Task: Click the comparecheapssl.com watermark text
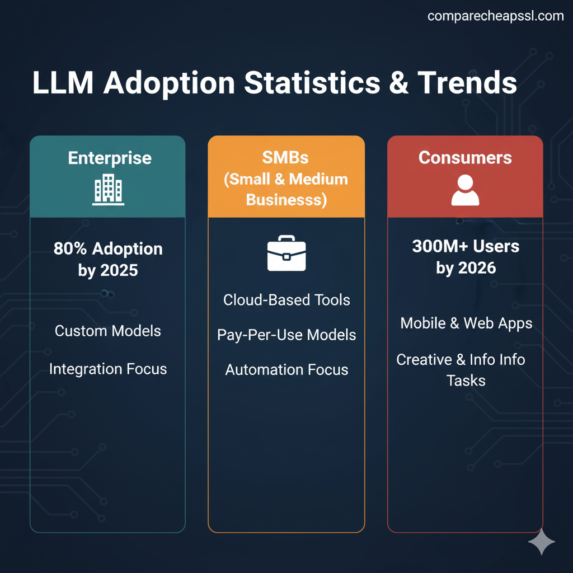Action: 495,16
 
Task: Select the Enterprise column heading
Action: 110,158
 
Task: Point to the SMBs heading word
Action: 285,158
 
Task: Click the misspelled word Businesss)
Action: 286,200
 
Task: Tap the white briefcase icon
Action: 286,253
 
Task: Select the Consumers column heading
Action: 465,158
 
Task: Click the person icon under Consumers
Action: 465,190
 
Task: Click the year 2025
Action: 119,271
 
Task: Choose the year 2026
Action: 477,268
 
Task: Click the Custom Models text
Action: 108,331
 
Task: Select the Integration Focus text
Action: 108,369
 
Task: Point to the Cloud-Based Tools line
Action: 286,300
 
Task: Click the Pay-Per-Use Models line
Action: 286,335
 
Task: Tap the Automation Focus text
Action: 286,370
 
